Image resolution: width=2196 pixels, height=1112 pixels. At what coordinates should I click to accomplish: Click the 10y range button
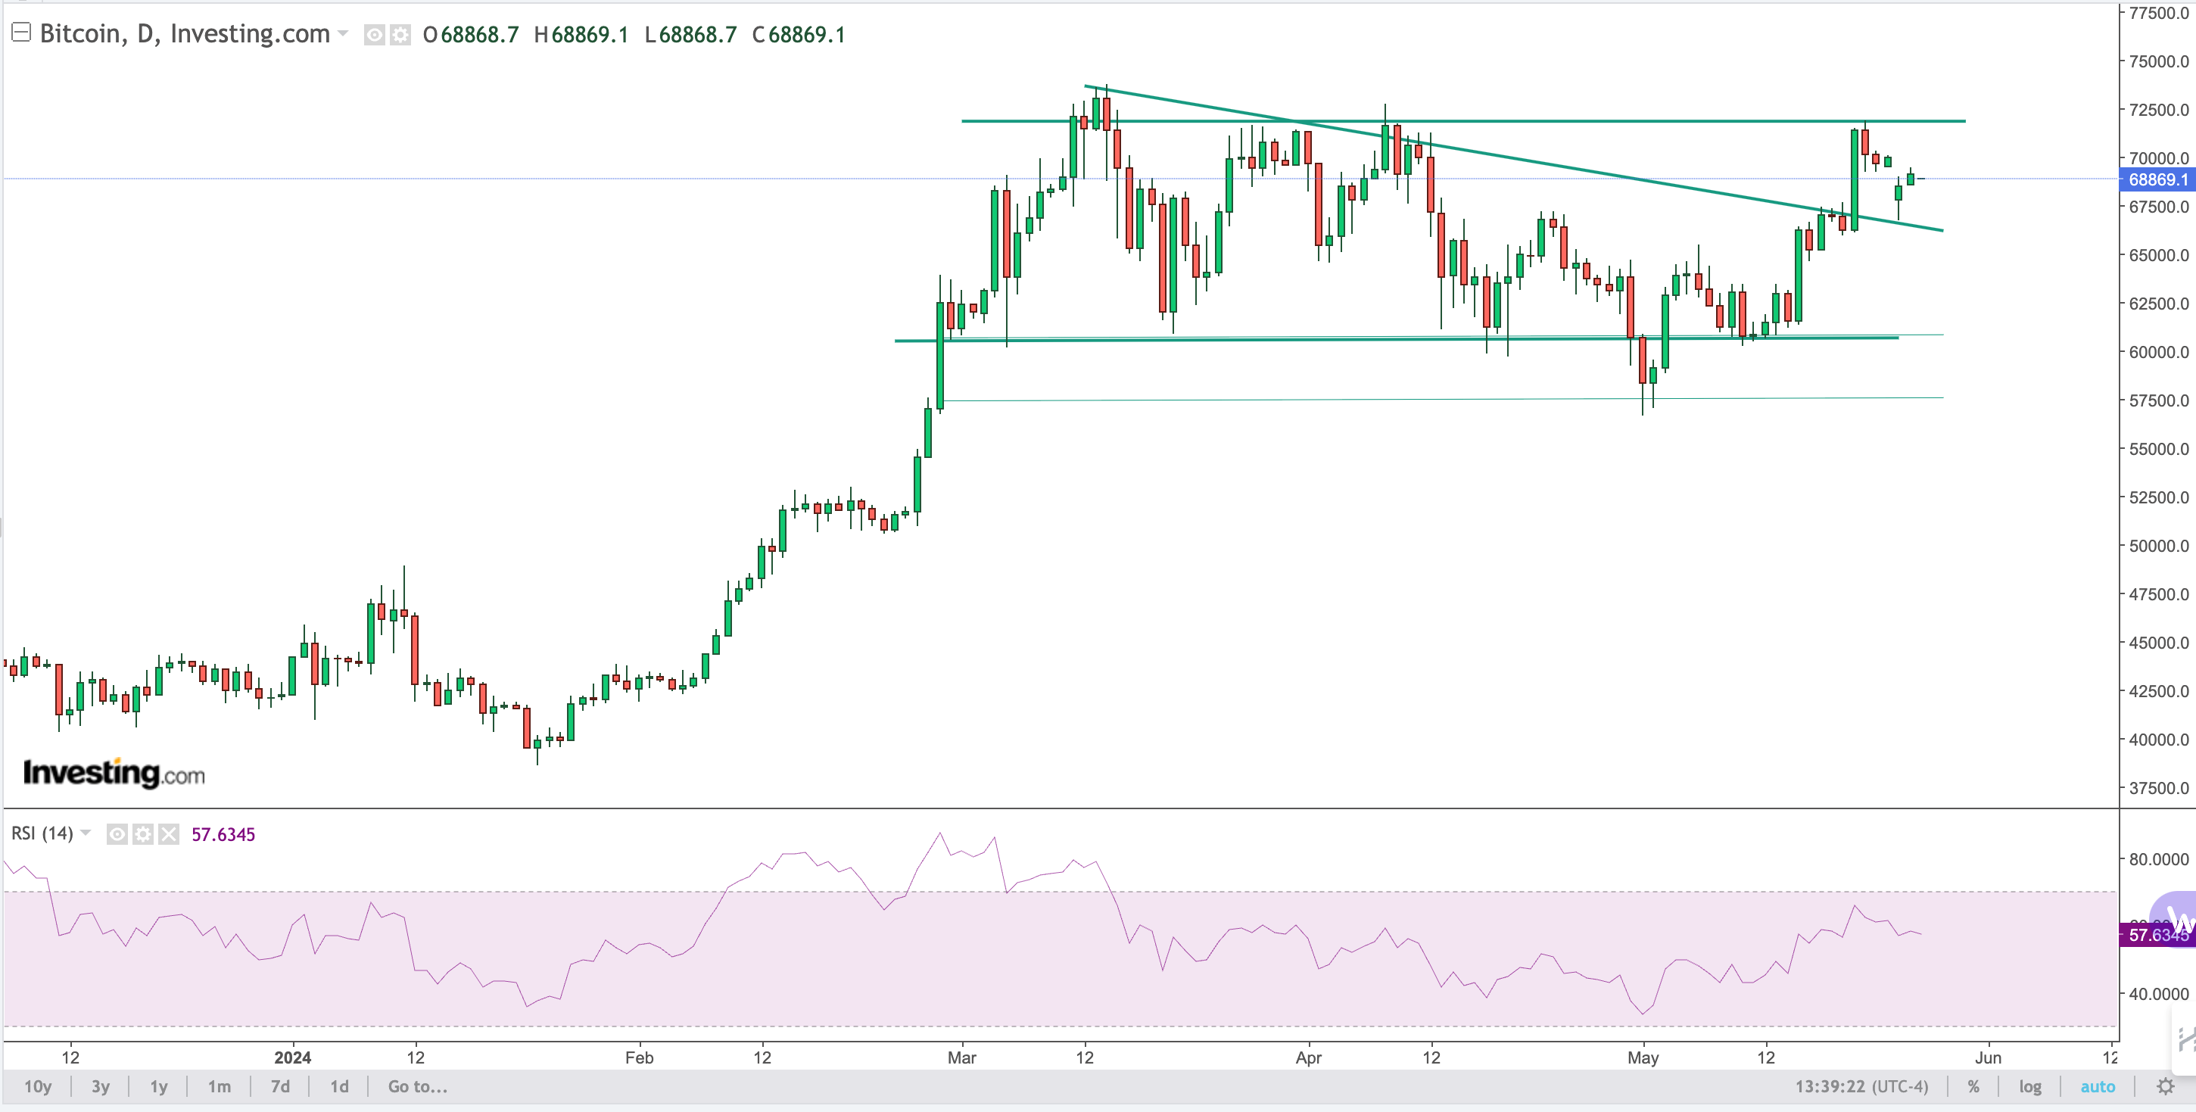point(38,1086)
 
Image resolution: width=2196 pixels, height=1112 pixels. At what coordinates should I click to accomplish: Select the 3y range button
point(101,1086)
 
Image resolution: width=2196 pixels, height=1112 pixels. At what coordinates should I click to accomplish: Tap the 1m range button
point(219,1086)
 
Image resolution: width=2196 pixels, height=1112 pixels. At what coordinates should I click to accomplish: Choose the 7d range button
point(279,1086)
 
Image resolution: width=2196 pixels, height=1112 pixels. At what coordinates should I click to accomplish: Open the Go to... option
point(417,1086)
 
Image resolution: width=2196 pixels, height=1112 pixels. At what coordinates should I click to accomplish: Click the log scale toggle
point(2029,1086)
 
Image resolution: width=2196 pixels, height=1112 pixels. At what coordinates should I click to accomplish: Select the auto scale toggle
point(2097,1086)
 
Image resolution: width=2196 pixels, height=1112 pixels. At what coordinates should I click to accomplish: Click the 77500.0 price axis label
point(2158,13)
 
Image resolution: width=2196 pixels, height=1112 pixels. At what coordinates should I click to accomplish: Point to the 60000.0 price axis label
point(2158,351)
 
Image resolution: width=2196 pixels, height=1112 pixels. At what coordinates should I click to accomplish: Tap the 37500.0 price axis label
point(2158,788)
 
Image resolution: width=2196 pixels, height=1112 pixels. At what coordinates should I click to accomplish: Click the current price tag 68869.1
point(2157,179)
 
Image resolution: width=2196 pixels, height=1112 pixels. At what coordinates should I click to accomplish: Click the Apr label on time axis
point(1308,1057)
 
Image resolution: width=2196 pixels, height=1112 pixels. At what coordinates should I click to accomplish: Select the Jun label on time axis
point(1987,1057)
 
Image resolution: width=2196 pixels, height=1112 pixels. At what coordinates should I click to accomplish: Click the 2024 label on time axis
point(292,1057)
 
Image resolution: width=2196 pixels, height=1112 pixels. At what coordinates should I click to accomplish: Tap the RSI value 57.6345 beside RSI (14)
point(223,834)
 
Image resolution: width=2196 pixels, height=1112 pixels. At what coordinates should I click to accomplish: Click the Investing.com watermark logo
point(114,774)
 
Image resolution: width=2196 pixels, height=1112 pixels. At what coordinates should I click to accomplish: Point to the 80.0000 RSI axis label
point(2158,858)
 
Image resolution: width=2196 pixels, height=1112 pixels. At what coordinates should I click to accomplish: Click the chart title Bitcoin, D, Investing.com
point(184,33)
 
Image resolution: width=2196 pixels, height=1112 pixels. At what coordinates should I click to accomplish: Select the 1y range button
point(158,1086)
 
